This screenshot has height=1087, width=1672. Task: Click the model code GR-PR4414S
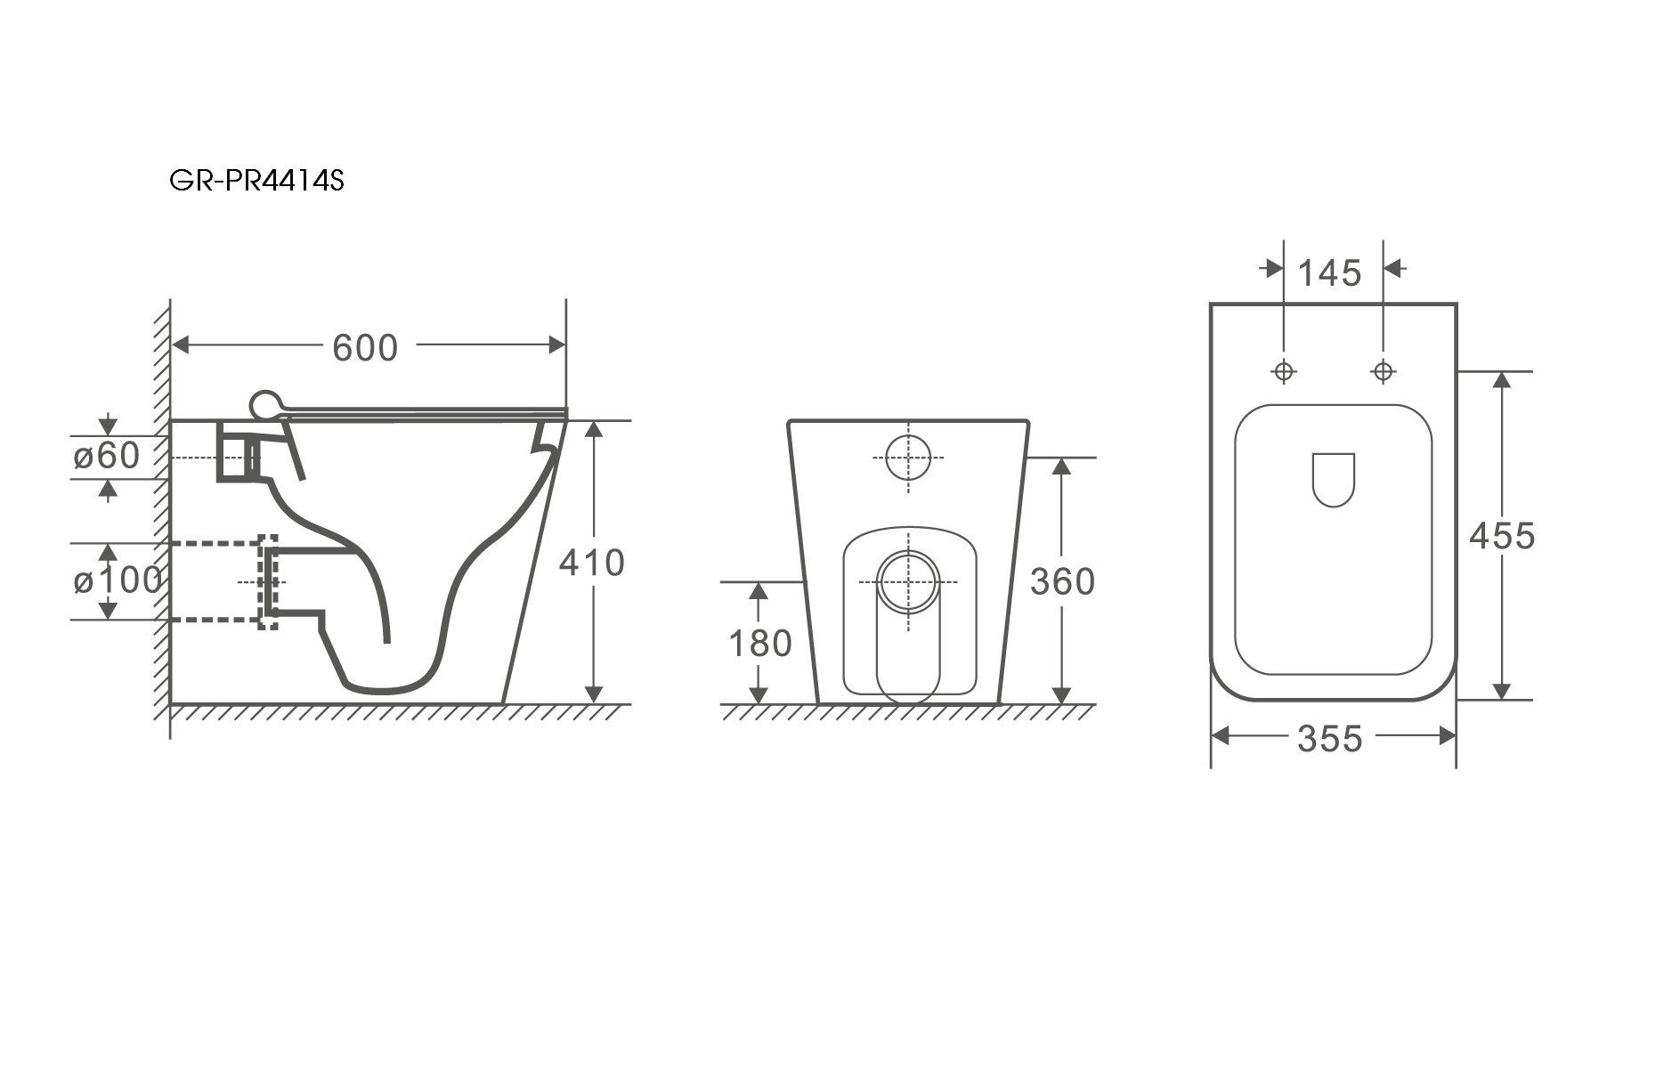click(256, 182)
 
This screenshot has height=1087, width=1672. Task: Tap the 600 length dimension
click(365, 347)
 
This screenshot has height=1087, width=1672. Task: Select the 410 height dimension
click(592, 563)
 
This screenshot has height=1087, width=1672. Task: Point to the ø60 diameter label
click(107, 456)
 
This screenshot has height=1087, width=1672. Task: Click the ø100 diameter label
click(118, 580)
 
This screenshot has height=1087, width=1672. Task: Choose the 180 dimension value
click(760, 643)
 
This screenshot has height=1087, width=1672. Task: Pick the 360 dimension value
click(1062, 581)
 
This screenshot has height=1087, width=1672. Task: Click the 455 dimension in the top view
click(1502, 536)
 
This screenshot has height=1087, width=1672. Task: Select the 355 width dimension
click(1330, 738)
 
